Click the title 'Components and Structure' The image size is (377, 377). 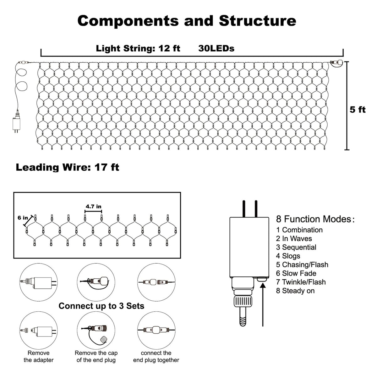[187, 21]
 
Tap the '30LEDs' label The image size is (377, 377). [216, 48]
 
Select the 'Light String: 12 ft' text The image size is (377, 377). [138, 48]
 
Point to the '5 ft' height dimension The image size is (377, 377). [358, 110]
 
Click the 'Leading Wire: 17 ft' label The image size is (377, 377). [68, 167]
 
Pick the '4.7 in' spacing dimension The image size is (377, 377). [93, 206]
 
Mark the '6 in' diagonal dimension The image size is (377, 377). [23, 218]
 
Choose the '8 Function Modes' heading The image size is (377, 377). [315, 219]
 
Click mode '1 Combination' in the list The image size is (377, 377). [299, 230]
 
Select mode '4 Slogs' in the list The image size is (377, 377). [288, 256]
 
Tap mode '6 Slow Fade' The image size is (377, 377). [296, 273]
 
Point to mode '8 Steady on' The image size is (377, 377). [295, 291]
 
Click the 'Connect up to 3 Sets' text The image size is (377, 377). [101, 306]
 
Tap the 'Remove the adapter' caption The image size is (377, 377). [39, 357]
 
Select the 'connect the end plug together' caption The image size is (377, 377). [156, 357]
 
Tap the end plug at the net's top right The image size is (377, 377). [336, 63]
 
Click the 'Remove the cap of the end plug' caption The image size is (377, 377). [96, 357]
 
